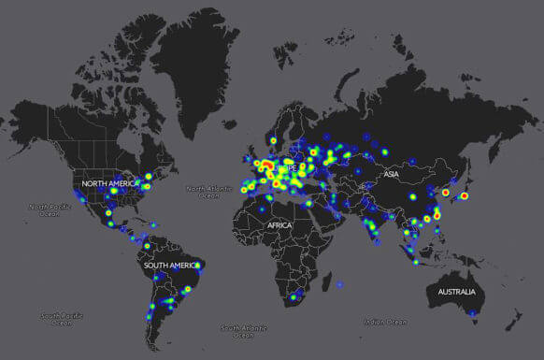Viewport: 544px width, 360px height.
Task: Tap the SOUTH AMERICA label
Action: (x=169, y=266)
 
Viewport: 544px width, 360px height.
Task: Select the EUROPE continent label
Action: (x=284, y=169)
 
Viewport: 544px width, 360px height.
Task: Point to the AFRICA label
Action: (x=279, y=225)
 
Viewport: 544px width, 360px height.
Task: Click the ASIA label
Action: (x=391, y=174)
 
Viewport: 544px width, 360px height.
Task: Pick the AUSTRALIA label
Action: (x=460, y=293)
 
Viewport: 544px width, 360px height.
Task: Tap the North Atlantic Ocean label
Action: (x=207, y=191)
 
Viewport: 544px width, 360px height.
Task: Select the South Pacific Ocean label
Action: (x=62, y=320)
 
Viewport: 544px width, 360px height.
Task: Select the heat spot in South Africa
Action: (x=293, y=298)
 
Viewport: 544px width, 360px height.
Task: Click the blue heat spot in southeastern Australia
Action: (x=474, y=312)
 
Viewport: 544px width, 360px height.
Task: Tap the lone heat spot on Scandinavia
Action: (x=273, y=141)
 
